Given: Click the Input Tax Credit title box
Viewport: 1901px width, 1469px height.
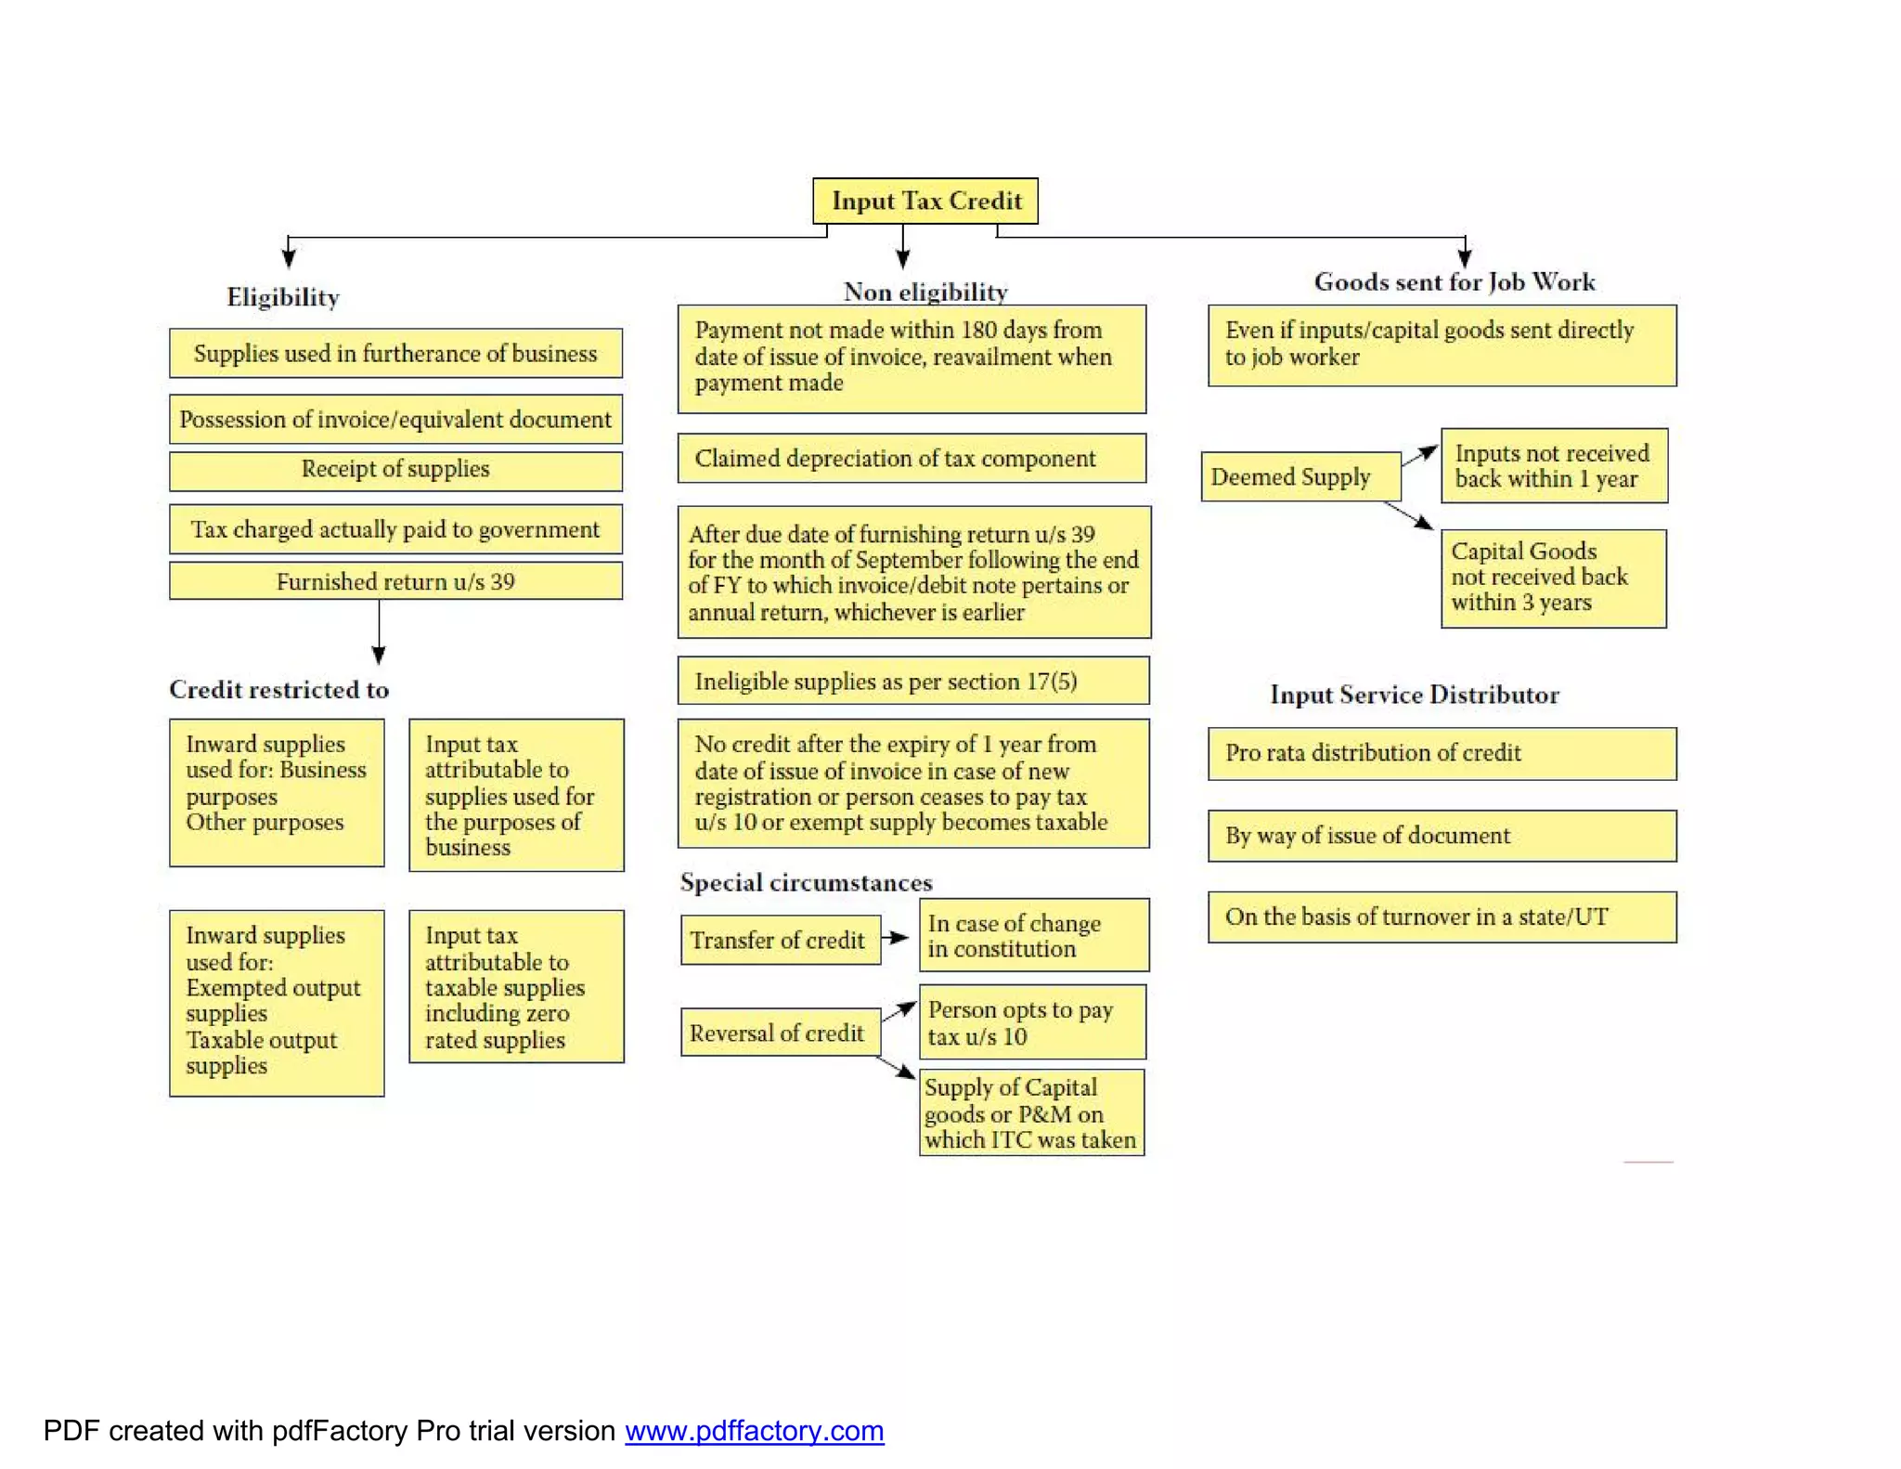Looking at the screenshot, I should click(x=925, y=201).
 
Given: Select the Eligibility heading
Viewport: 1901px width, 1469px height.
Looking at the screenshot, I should click(x=283, y=297).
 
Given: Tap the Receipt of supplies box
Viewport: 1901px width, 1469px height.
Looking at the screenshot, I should click(x=395, y=470).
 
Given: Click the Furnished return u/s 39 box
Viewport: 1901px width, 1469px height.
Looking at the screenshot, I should click(x=395, y=581).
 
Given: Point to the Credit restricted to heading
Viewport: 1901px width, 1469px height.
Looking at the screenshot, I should click(x=278, y=689).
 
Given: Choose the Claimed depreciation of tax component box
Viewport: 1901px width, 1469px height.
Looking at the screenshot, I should click(x=912, y=458).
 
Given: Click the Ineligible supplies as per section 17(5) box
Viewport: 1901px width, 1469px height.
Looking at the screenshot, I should click(x=913, y=681).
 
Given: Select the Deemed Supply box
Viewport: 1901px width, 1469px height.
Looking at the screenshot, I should click(x=1300, y=476).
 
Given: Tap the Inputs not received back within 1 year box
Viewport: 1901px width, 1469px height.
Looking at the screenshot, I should click(x=1554, y=465).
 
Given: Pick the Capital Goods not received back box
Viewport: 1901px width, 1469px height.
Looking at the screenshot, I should click(x=1553, y=578).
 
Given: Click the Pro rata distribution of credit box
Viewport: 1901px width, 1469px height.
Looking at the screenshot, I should click(x=1442, y=753).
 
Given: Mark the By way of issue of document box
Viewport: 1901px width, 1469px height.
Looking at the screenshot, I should click(x=1442, y=836).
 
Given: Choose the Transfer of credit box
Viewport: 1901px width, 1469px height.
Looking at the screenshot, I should click(x=780, y=940).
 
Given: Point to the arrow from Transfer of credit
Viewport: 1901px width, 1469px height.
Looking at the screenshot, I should click(x=896, y=938).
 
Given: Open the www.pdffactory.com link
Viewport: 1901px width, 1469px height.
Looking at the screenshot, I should click(x=754, y=1431).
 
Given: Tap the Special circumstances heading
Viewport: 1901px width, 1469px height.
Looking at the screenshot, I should click(x=806, y=882).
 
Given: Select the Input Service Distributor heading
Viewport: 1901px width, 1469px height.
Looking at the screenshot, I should click(x=1414, y=695).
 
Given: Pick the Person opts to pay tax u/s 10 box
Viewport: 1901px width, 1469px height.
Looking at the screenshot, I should click(x=1032, y=1022).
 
